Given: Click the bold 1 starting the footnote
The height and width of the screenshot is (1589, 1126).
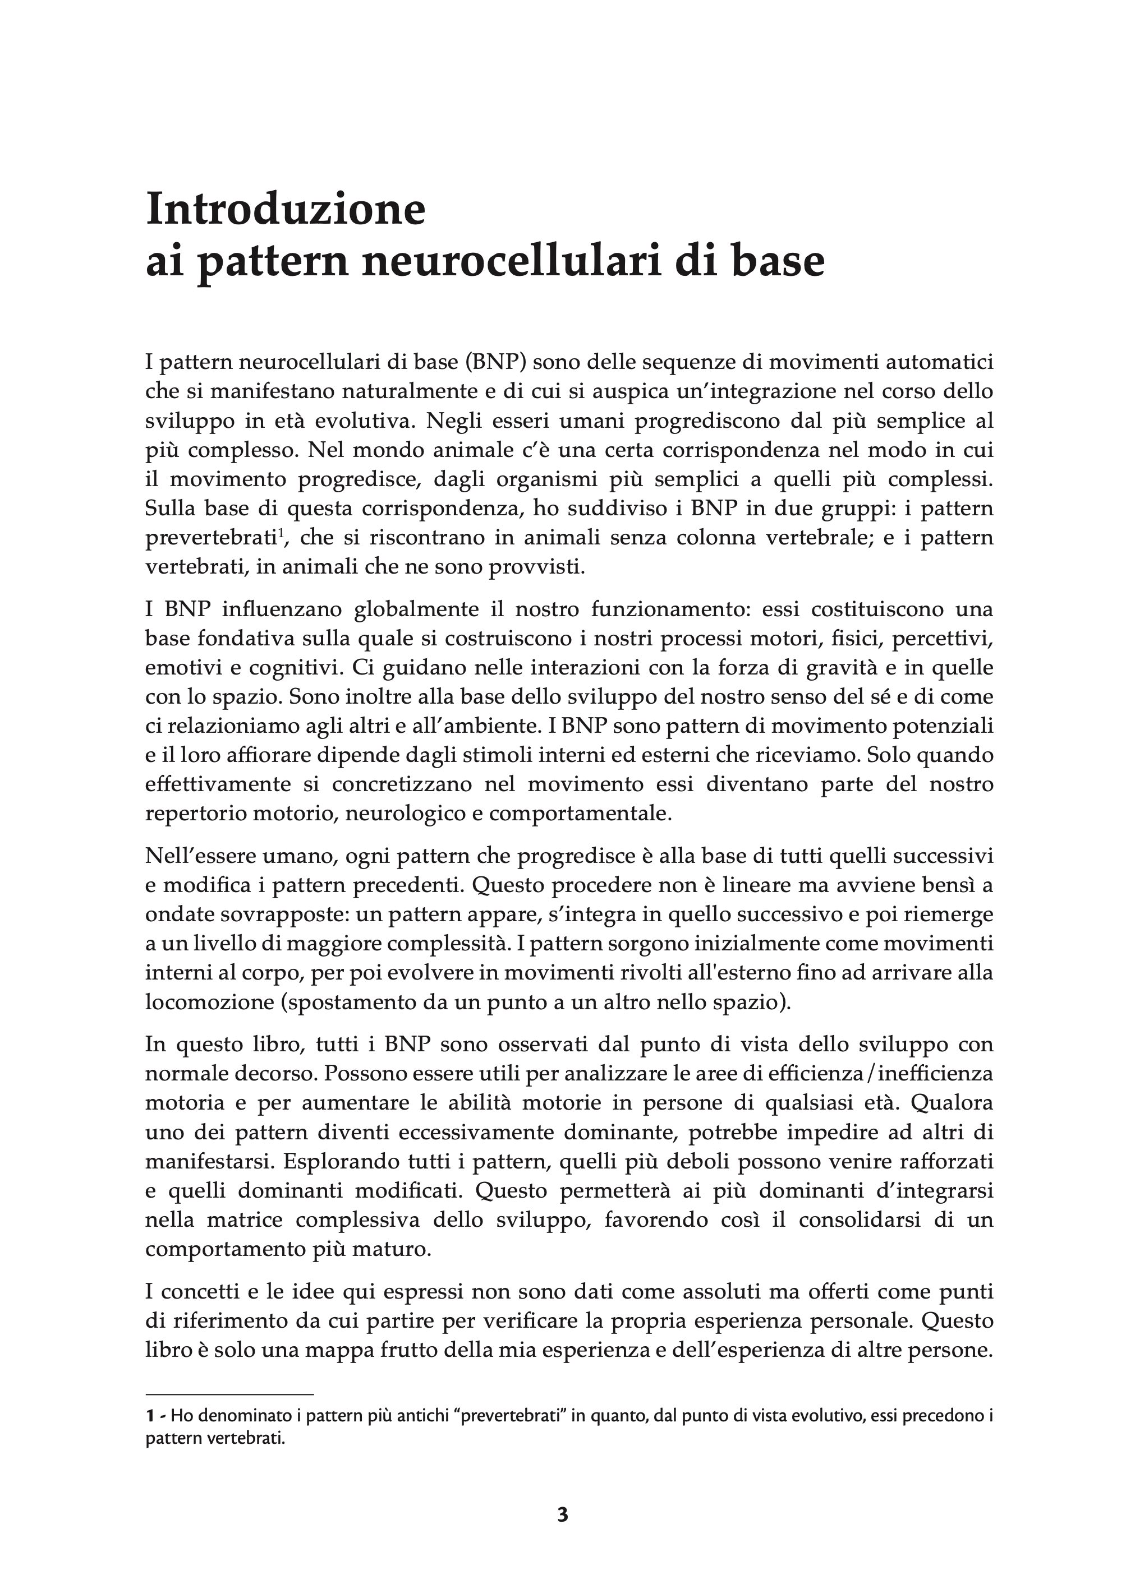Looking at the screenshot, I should pos(150,1416).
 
